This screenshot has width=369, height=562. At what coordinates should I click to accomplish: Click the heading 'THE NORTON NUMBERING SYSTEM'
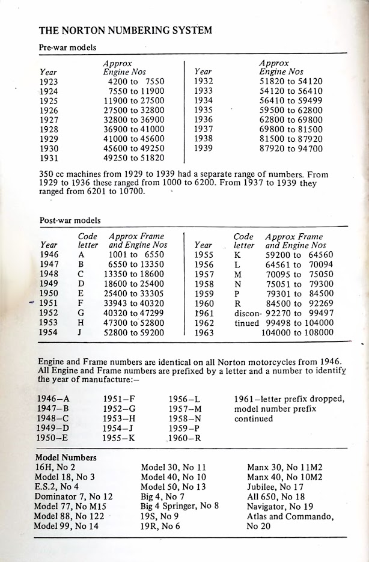coord(125,30)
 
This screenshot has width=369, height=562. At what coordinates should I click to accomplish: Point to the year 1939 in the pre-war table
coord(204,148)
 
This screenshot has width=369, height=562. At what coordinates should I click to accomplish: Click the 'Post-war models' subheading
coord(70,221)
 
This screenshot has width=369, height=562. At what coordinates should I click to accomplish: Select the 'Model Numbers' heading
coord(66,458)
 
